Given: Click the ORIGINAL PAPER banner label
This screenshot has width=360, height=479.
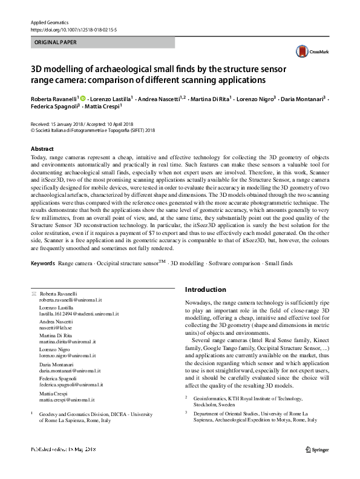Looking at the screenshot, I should point(56,42).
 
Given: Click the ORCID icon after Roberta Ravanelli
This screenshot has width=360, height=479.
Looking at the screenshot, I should point(83,97).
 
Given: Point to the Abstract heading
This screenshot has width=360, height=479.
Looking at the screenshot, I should point(42,148).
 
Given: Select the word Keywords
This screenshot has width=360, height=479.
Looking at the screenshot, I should point(42,263).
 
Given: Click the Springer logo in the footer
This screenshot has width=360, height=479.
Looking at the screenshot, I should point(318,465).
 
